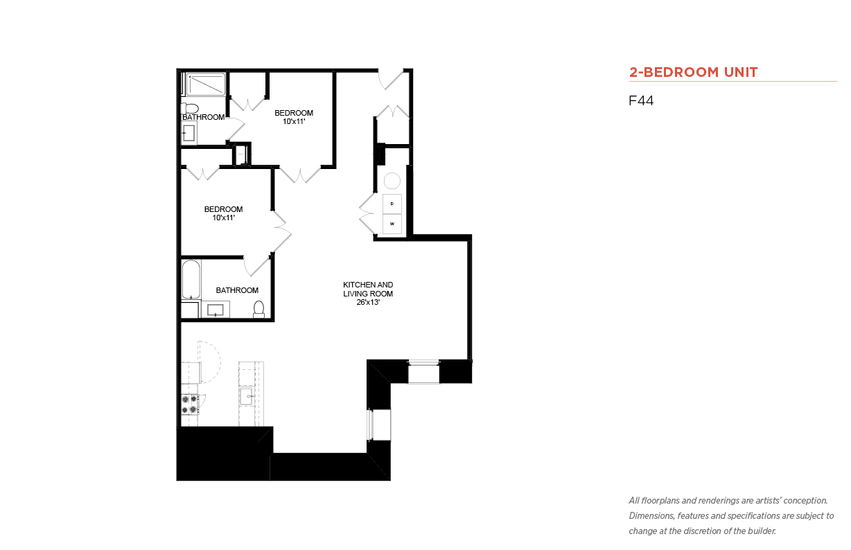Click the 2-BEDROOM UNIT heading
(x=693, y=72)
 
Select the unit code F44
(x=641, y=100)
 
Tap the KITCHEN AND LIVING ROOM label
(x=368, y=289)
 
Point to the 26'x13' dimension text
(x=368, y=302)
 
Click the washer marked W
(x=392, y=224)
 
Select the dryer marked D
(x=392, y=204)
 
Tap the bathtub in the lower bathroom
(x=191, y=280)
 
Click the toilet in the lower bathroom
(x=258, y=309)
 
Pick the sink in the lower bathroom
(x=216, y=310)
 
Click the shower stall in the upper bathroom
(x=206, y=85)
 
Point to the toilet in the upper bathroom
(x=190, y=108)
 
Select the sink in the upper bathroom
(x=188, y=133)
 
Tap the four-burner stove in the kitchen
(x=190, y=405)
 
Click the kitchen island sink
(x=247, y=396)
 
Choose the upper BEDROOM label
(x=294, y=113)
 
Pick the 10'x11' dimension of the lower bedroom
(x=223, y=218)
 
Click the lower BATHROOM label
(x=237, y=290)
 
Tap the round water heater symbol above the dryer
(x=392, y=181)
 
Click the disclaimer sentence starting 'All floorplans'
(x=728, y=501)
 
